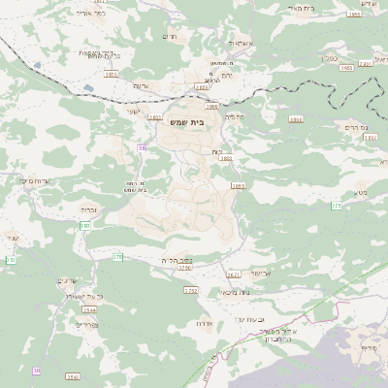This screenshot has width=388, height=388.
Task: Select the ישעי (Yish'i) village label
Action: click(133, 111)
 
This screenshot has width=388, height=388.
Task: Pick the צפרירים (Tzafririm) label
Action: click(85, 325)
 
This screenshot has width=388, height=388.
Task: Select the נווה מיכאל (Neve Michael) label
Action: click(208, 292)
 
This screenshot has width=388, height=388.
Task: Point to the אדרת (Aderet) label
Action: click(204, 322)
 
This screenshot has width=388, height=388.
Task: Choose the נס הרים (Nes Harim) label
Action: click(358, 127)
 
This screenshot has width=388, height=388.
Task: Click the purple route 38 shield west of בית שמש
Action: click(142, 147)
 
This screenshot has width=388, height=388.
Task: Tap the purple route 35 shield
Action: click(37, 371)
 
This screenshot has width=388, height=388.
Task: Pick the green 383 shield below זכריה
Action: click(85, 225)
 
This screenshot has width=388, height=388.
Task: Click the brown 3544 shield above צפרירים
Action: click(90, 309)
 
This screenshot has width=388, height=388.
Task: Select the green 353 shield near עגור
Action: click(11, 260)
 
